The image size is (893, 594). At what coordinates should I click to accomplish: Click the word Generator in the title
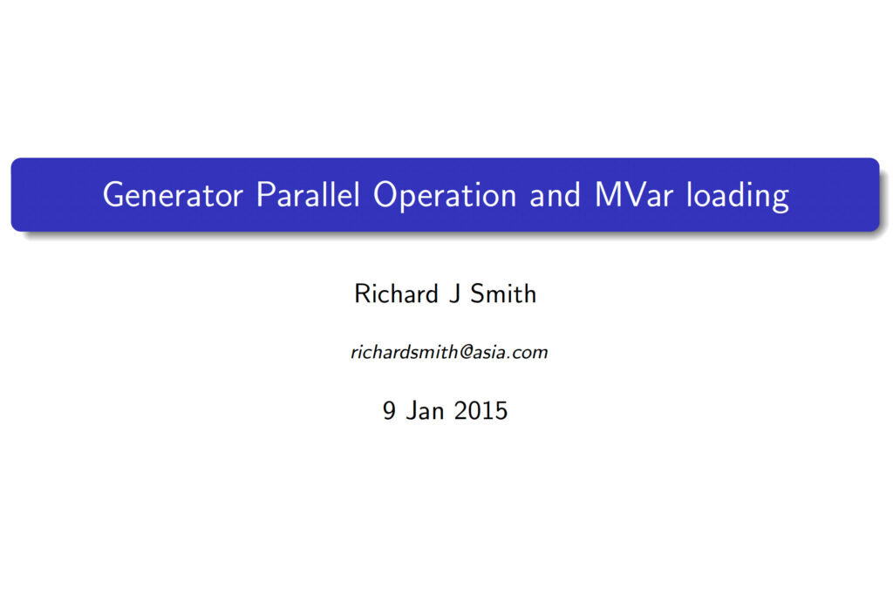174,194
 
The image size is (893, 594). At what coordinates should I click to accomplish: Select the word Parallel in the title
308,194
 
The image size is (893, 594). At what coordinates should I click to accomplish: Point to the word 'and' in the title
556,194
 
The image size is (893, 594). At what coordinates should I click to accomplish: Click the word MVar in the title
634,194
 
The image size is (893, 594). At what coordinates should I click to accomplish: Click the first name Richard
397,294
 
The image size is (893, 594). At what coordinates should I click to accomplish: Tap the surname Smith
503,294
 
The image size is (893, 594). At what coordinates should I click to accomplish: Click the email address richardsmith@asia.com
449,352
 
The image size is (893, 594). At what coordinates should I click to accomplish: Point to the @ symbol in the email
466,353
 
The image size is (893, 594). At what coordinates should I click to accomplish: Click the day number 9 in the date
389,411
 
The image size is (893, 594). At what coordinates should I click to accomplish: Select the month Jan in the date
425,411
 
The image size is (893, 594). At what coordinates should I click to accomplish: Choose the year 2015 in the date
481,411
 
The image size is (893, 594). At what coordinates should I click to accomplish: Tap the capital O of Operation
385,194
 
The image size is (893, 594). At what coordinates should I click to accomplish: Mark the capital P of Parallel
265,194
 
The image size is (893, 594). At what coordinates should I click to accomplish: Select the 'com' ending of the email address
530,354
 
